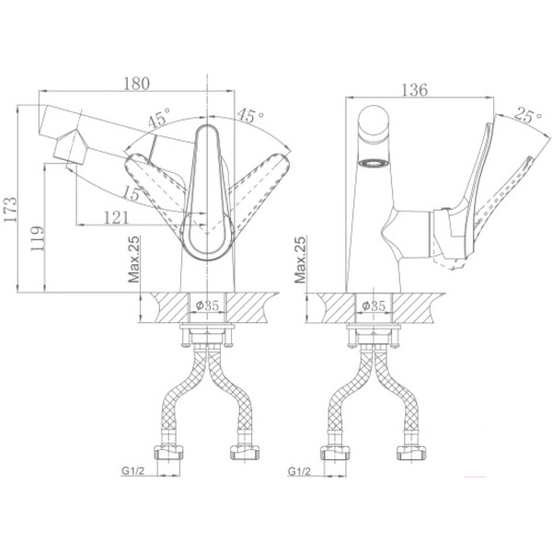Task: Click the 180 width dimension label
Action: point(136,84)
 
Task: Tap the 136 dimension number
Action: point(414,90)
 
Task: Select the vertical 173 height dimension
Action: point(9,210)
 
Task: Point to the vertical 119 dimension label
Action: point(38,238)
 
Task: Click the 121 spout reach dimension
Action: point(117,217)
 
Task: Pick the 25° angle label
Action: point(528,115)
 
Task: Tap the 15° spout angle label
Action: point(132,193)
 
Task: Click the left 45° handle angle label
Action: point(159,117)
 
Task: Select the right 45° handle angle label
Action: point(250,116)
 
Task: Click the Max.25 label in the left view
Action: point(133,259)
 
